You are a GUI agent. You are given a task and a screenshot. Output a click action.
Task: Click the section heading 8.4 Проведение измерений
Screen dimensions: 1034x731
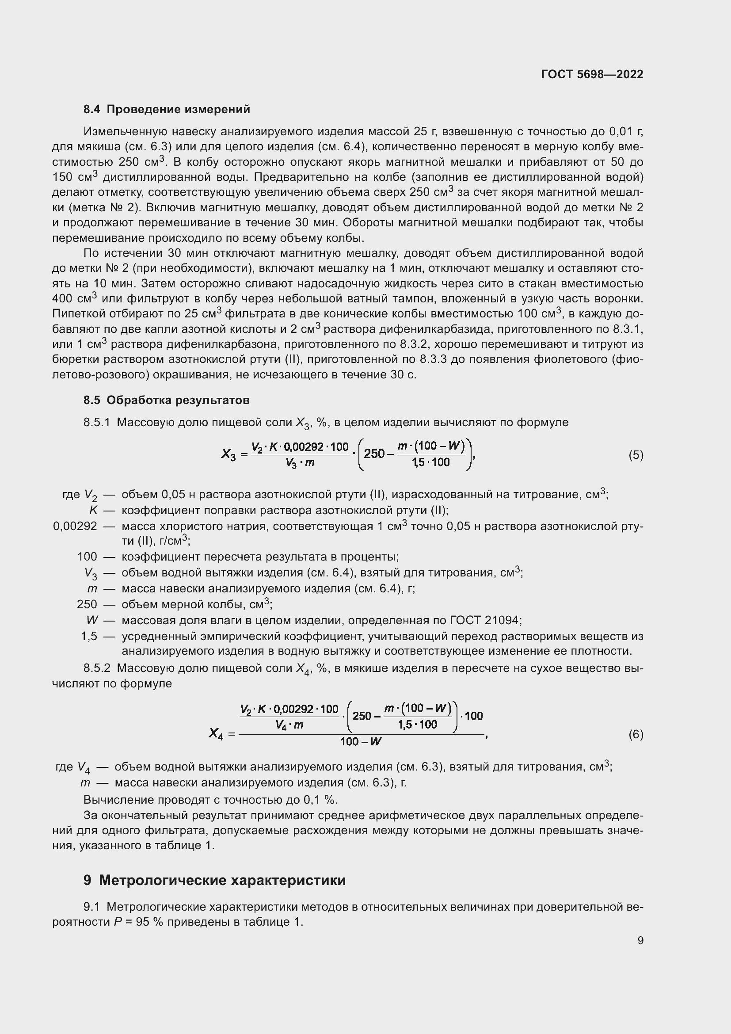167,110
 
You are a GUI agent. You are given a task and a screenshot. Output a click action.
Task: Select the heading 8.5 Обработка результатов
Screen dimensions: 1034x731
166,400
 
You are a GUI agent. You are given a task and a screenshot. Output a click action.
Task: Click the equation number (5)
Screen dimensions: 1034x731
636,455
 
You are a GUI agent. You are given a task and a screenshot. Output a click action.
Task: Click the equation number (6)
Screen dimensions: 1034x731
636,735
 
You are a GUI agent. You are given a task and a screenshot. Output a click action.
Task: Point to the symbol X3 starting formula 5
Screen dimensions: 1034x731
228,454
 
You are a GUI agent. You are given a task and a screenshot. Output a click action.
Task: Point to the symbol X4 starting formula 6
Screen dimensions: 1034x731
216,734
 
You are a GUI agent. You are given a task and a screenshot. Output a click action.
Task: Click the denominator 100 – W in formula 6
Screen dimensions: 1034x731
361,741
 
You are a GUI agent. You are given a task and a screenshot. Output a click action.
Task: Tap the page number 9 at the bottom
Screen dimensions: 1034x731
640,940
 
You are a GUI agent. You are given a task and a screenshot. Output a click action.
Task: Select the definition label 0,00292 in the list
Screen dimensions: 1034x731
75,526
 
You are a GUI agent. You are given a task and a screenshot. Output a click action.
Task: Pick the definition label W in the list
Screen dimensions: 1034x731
92,620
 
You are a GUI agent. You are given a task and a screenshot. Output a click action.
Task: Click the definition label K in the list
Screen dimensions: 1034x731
93,510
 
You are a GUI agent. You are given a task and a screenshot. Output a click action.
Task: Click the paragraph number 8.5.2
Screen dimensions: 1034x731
97,668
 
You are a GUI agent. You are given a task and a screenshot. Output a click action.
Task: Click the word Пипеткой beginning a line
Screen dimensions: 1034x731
77,314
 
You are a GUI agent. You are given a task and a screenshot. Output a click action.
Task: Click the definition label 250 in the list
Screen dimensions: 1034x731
87,604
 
